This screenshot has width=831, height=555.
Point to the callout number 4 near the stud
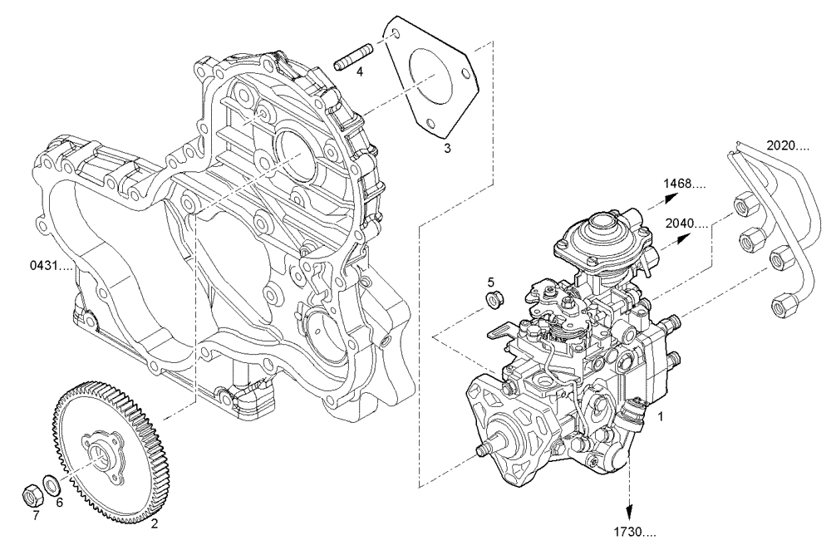[360, 72]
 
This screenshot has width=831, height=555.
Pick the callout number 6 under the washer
[59, 502]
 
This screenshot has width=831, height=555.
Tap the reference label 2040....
[687, 224]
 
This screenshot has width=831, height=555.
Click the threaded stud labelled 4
[350, 61]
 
